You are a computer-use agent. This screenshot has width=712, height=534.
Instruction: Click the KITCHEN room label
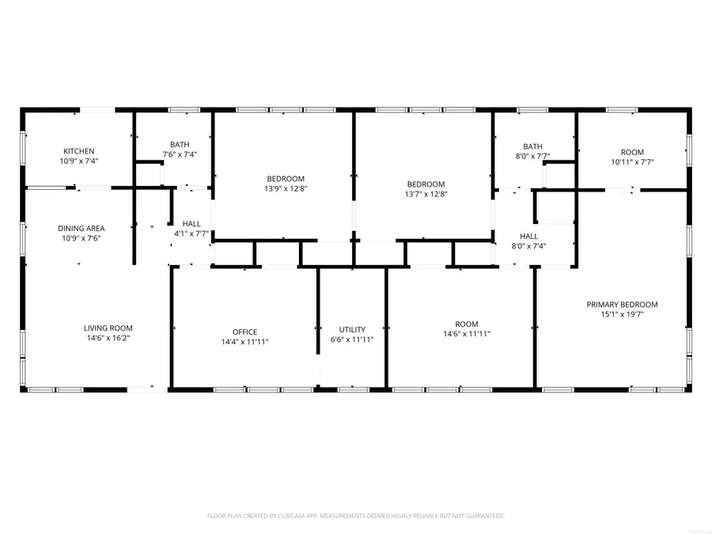click(x=79, y=151)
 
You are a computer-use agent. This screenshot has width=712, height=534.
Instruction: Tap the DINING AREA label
click(x=81, y=229)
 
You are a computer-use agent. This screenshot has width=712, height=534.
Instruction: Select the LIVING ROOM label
click(x=108, y=328)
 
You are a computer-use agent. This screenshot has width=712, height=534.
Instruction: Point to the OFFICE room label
click(x=244, y=332)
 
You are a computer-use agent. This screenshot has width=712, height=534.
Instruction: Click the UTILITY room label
click(x=352, y=330)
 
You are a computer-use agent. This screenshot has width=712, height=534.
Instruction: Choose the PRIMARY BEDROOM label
click(x=622, y=305)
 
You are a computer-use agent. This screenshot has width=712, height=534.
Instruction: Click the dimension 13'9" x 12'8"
click(x=285, y=189)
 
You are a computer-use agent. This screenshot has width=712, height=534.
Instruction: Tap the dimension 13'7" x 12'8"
click(x=426, y=194)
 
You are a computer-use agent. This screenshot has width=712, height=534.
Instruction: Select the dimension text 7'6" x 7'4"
click(x=180, y=154)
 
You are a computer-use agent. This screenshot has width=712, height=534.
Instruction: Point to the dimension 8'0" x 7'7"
click(x=532, y=157)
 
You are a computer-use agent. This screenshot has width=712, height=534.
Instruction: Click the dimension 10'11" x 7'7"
click(x=632, y=161)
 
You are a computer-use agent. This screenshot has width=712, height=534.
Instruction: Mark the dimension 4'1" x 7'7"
click(x=191, y=233)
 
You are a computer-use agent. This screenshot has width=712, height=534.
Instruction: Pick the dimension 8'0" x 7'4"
click(x=529, y=246)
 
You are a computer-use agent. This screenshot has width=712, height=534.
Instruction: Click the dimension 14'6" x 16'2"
click(x=108, y=338)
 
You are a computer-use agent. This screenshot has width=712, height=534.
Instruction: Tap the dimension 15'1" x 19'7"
click(x=622, y=315)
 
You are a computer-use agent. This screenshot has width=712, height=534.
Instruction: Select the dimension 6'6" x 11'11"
click(x=352, y=339)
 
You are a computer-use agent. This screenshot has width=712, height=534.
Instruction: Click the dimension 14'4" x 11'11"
click(x=244, y=342)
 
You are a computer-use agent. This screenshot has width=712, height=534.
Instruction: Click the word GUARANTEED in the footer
click(x=479, y=516)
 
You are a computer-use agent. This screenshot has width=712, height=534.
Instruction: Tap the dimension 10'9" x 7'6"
click(x=81, y=238)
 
